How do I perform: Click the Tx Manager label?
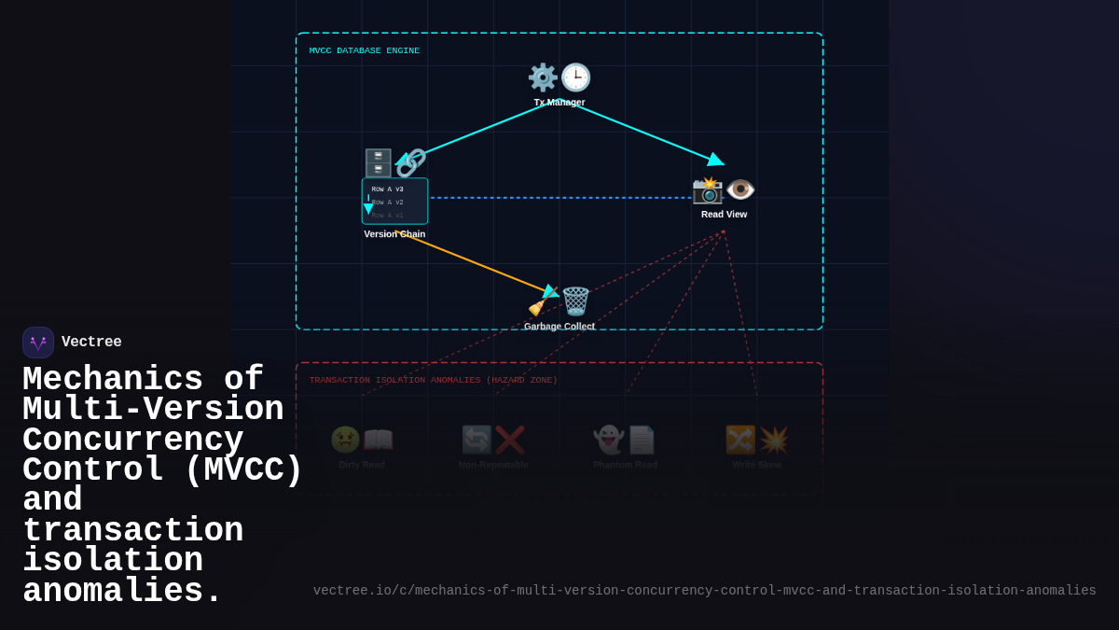click(559, 103)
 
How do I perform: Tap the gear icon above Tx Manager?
click(543, 77)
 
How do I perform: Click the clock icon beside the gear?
click(575, 77)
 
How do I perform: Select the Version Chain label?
click(394, 234)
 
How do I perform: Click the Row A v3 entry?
click(388, 189)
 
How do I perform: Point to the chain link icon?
click(411, 163)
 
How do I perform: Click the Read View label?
click(724, 215)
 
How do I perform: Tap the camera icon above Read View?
click(708, 189)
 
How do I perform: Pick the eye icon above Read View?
click(740, 189)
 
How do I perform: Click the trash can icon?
click(575, 301)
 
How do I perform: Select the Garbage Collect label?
click(559, 327)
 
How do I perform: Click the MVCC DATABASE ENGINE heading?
click(365, 51)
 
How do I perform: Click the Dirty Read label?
click(362, 465)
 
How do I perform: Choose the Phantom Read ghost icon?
click(609, 440)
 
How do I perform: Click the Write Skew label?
click(756, 465)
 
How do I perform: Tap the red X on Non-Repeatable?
click(510, 440)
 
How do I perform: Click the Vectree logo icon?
click(38, 343)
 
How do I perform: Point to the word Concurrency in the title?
click(133, 441)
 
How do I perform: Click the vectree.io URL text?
click(704, 591)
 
